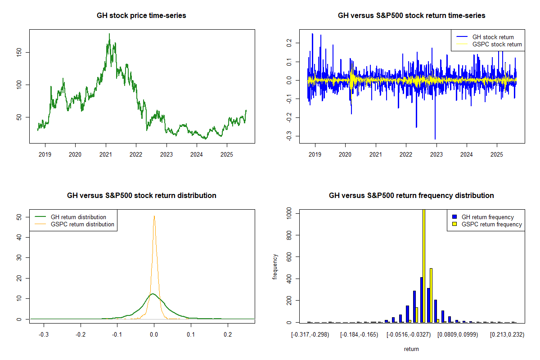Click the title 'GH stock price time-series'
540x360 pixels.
coord(141,16)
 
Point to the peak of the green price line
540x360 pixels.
coord(109,34)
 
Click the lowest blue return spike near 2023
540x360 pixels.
coord(435,139)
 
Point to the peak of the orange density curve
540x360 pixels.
coord(154,216)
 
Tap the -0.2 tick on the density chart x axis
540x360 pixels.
coord(81,335)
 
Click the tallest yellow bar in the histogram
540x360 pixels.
coord(423,265)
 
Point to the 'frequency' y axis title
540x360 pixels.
coord(275,266)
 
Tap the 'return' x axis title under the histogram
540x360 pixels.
coord(411,349)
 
